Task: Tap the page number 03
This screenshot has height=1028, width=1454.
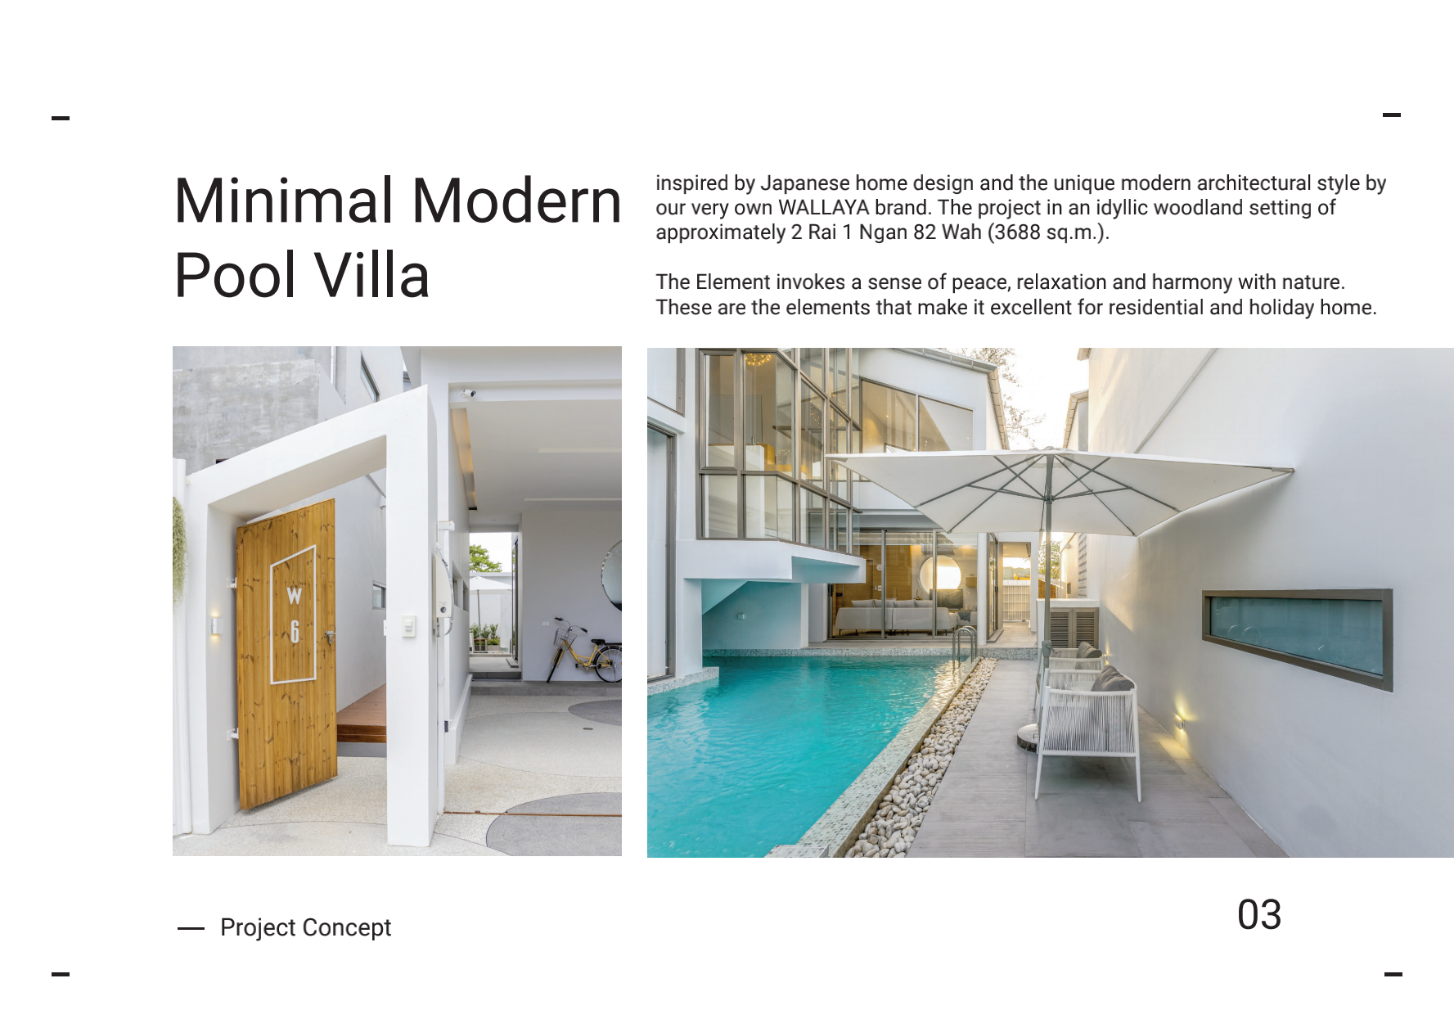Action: [1259, 915]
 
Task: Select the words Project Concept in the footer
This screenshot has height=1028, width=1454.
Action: [305, 927]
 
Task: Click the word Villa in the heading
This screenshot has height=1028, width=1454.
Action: [372, 275]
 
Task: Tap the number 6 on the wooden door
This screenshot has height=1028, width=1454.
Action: [295, 631]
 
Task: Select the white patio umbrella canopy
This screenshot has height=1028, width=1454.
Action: [1060, 489]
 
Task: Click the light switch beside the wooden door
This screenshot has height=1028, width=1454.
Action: [407, 626]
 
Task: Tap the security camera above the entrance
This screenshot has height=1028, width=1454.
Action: [467, 394]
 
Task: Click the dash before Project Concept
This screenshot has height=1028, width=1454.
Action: [191, 928]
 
